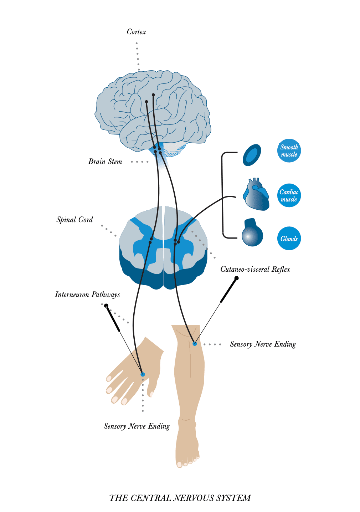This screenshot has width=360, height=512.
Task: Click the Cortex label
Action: click(x=136, y=32)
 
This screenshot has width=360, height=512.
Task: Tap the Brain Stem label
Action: click(x=105, y=162)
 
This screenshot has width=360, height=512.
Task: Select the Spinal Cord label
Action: click(x=74, y=220)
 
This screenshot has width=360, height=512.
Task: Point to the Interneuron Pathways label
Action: click(x=87, y=295)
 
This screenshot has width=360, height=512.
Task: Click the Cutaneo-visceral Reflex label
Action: click(x=255, y=269)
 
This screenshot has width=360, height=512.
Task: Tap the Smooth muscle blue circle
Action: click(x=289, y=150)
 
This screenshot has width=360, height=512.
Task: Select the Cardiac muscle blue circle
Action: click(x=289, y=195)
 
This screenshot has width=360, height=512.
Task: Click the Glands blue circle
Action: click(x=289, y=239)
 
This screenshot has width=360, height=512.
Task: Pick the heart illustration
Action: click(x=256, y=195)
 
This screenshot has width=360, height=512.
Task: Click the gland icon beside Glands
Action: click(x=252, y=234)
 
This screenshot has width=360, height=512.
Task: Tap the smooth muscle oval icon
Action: click(x=252, y=155)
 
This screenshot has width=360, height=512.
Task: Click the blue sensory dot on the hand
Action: click(x=143, y=374)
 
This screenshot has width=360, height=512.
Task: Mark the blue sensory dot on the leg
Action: click(x=195, y=344)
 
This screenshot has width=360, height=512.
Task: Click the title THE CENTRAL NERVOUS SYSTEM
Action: click(x=180, y=498)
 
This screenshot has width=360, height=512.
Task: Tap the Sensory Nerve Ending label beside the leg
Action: click(x=263, y=344)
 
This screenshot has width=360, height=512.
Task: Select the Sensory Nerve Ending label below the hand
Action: click(x=137, y=426)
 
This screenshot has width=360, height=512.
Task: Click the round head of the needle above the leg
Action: click(x=236, y=278)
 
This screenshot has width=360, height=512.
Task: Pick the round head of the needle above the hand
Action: click(x=106, y=306)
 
